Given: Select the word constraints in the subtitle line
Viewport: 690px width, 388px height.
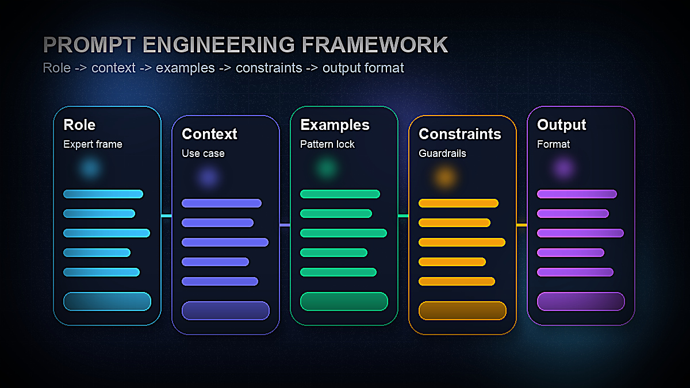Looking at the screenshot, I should tap(269, 68).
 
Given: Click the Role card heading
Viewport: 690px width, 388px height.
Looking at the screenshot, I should tap(79, 125).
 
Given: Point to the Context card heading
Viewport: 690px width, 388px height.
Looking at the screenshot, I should tap(209, 134).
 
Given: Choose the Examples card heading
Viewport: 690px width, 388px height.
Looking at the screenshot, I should tap(335, 125).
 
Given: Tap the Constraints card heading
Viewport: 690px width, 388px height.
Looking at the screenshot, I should tap(459, 134).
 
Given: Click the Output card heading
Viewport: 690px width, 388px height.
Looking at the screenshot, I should tap(561, 125).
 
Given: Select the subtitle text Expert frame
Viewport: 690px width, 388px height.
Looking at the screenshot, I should tap(93, 144).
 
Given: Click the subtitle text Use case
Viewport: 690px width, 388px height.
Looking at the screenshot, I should tap(203, 153).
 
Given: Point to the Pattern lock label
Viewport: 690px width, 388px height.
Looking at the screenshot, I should tap(327, 144).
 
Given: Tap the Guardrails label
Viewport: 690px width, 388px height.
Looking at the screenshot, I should tap(442, 153).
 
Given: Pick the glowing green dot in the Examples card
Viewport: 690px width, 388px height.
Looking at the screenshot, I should tap(326, 168).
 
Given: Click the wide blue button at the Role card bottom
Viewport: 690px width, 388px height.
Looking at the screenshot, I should tap(107, 301).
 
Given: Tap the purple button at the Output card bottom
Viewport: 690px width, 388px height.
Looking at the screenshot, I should tap(581, 301).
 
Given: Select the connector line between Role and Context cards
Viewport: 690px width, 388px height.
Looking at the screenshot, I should tap(166, 216).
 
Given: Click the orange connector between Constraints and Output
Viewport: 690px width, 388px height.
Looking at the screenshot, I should tap(522, 225).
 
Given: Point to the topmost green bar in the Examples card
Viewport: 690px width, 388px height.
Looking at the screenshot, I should tap(340, 194).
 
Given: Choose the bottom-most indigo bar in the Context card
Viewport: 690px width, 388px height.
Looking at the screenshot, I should tap(220, 281).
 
